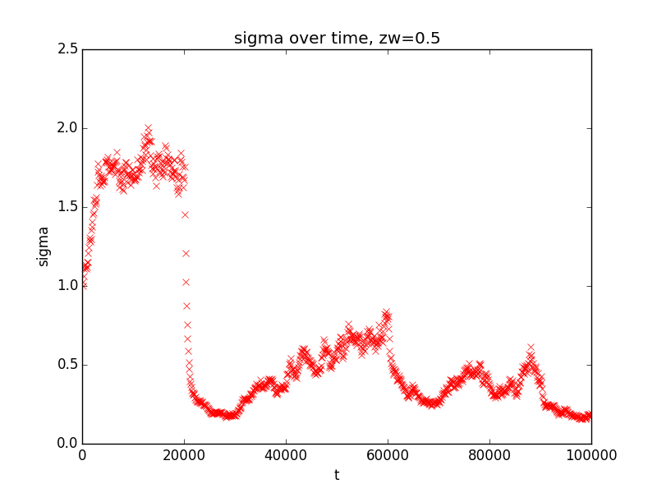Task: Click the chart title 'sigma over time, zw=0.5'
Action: point(337,39)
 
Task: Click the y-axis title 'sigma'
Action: point(44,246)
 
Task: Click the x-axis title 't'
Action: point(337,475)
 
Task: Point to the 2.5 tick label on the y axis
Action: point(68,49)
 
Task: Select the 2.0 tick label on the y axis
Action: point(68,128)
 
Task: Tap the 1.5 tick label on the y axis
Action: point(68,207)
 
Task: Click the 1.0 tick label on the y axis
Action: point(68,286)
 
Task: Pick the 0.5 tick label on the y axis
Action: point(68,365)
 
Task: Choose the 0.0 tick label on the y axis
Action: point(68,444)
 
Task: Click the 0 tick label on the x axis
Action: point(82,456)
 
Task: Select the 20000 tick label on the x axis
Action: point(184,456)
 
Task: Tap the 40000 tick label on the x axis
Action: point(286,456)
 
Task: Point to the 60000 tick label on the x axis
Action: point(388,456)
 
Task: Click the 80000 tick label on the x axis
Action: point(489,456)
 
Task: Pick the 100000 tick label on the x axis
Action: point(591,456)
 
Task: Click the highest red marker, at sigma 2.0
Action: point(148,128)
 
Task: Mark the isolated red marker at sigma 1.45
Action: point(186,214)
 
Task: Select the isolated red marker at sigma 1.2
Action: point(186,253)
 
